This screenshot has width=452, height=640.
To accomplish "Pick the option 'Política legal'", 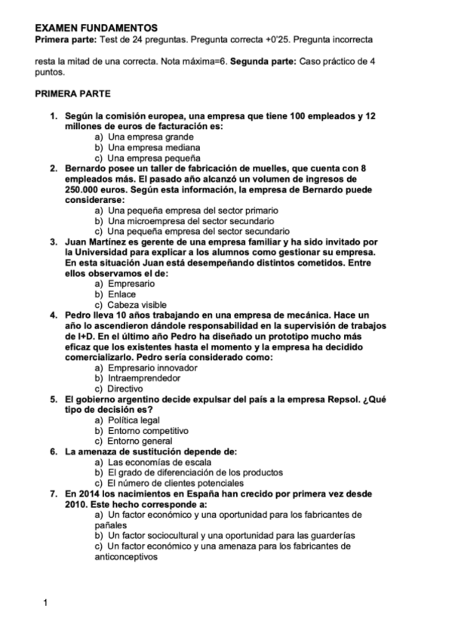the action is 134,420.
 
